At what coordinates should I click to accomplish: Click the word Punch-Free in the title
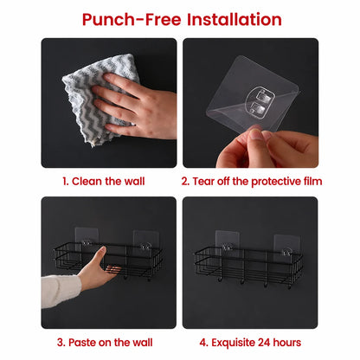tap(132, 20)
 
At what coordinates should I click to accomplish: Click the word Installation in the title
tap(235, 19)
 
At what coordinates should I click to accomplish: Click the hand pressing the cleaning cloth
tap(136, 106)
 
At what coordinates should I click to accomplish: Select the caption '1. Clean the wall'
tap(104, 182)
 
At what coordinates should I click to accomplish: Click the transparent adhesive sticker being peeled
tap(253, 96)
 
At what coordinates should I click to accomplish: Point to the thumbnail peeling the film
tap(255, 135)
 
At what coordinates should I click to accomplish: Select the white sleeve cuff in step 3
tap(61, 291)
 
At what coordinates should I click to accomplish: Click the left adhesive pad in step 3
tap(87, 239)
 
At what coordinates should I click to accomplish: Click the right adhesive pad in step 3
tap(145, 241)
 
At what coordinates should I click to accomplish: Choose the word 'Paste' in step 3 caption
tap(82, 343)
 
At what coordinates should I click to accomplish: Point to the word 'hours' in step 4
tap(287, 343)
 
